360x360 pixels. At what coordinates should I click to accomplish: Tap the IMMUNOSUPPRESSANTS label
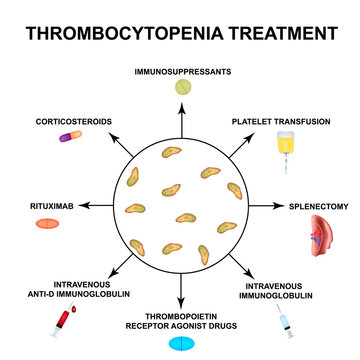tap(180, 73)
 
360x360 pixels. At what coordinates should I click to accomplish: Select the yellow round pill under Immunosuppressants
tap(181, 88)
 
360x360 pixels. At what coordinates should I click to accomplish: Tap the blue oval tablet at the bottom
tap(180, 343)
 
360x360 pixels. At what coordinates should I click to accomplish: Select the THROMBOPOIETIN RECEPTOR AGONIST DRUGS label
tap(181, 319)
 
